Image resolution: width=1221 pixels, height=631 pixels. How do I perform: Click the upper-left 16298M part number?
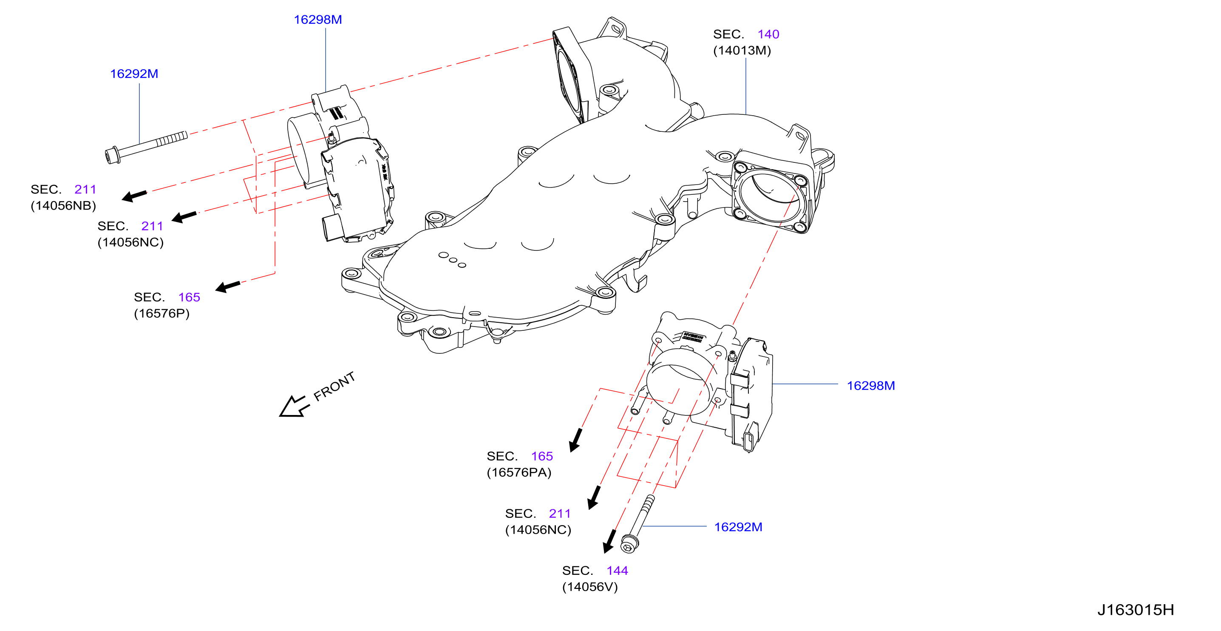(x=317, y=20)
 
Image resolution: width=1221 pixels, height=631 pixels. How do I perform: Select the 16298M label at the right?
(x=871, y=385)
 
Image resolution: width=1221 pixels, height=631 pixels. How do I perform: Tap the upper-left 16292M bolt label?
(x=134, y=74)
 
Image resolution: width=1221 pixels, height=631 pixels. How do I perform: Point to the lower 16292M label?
(x=738, y=527)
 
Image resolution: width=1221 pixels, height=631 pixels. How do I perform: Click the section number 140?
(x=768, y=34)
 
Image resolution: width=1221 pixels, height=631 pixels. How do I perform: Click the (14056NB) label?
(x=63, y=205)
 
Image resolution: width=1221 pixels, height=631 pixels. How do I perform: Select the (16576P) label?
(x=161, y=313)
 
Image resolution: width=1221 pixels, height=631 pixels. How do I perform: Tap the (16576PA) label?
(x=519, y=472)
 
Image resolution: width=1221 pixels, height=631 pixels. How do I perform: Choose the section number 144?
(x=617, y=570)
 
